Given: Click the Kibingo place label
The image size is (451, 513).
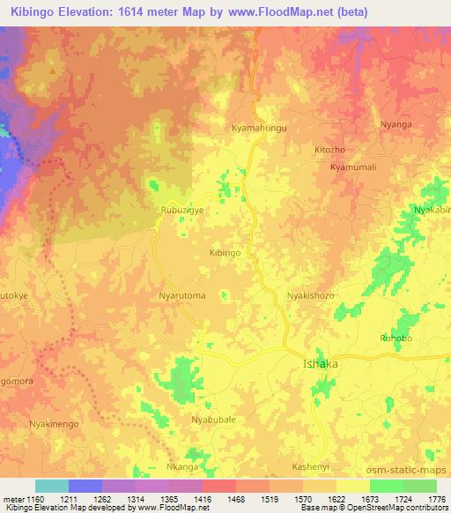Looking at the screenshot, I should (x=225, y=252).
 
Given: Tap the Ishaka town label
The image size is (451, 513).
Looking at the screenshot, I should (x=320, y=363).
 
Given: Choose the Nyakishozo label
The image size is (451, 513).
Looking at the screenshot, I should (x=310, y=295).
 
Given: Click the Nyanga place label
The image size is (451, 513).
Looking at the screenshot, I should (x=396, y=124).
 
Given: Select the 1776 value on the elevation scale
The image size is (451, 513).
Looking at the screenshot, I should (x=435, y=499).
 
